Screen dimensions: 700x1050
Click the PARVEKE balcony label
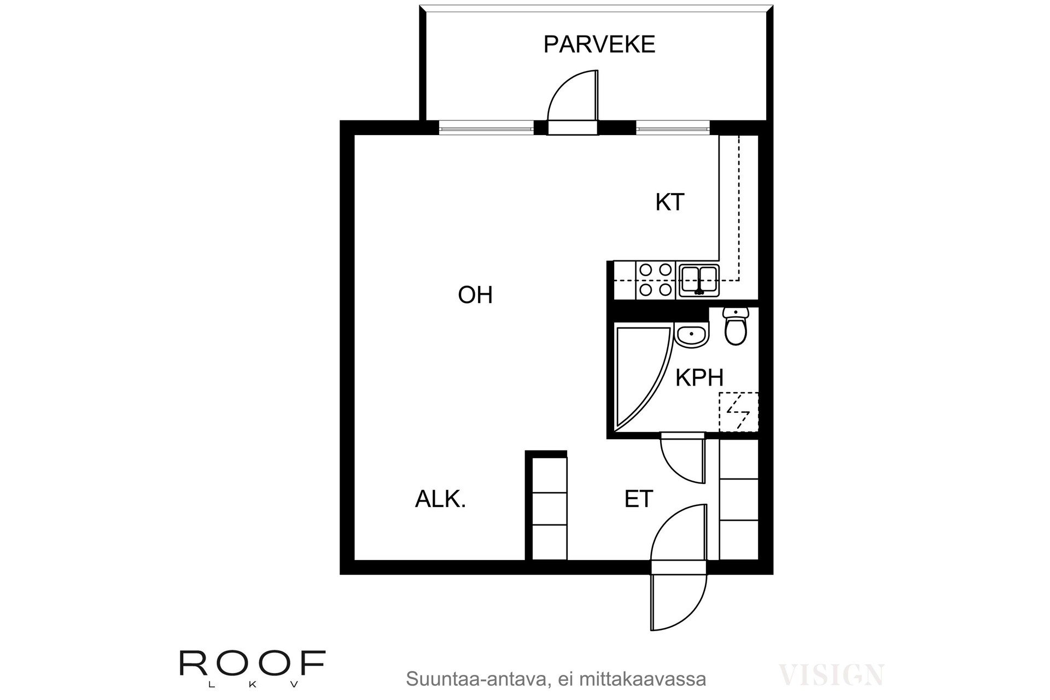pyautogui.click(x=599, y=44)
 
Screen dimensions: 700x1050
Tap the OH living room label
pyautogui.click(x=475, y=295)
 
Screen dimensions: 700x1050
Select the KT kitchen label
pyautogui.click(x=669, y=202)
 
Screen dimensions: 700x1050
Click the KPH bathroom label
pyautogui.click(x=699, y=378)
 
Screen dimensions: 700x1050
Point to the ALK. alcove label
pyautogui.click(x=440, y=499)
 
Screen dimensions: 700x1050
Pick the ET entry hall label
pyautogui.click(x=639, y=499)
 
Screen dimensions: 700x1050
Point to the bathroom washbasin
pyautogui.click(x=691, y=335)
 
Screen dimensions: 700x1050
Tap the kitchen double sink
pyautogui.click(x=698, y=279)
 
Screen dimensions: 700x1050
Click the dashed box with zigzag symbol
pyautogui.click(x=738, y=412)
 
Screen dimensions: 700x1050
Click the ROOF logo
pyautogui.click(x=253, y=663)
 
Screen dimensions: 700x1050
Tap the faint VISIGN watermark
pyautogui.click(x=831, y=675)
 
